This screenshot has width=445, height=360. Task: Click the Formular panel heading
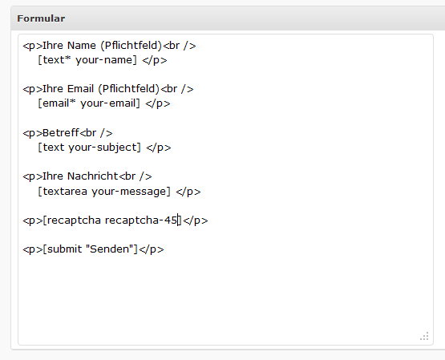41,18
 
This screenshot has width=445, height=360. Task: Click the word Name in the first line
82,46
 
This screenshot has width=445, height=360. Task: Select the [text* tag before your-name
55,60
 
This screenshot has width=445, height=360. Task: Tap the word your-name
106,60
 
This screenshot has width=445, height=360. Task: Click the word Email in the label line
81,89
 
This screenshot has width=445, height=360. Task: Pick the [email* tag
57,103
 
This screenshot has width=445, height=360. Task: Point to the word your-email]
110,103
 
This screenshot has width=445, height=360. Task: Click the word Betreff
61,133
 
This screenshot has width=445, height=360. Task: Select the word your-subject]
105,148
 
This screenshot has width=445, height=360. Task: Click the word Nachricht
92,176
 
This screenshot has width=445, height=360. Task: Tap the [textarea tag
63,192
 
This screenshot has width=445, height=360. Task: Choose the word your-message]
131,192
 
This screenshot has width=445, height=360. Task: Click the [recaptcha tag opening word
72,220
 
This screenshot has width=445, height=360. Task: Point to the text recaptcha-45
141,220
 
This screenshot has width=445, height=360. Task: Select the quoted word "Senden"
110,249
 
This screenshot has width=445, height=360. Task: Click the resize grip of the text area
425,336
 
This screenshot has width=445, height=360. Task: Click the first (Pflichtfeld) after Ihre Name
131,46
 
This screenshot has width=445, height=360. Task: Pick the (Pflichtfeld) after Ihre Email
129,89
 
